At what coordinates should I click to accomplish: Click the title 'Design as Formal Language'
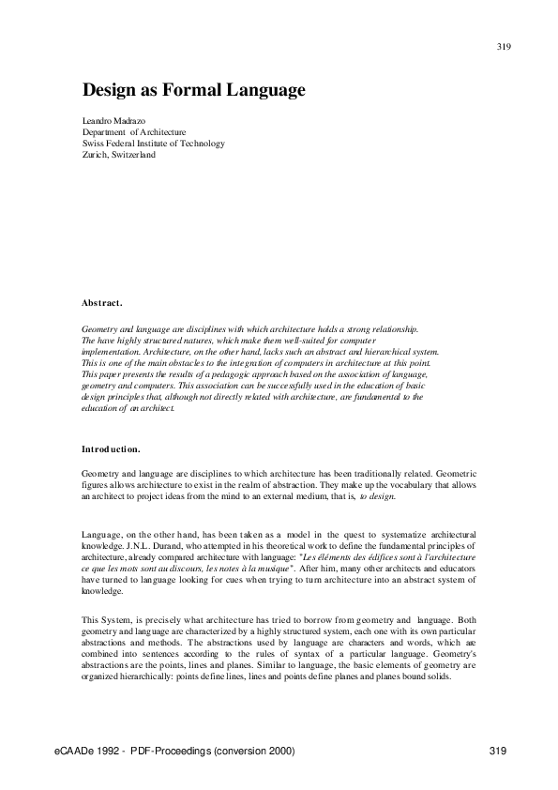tap(195, 91)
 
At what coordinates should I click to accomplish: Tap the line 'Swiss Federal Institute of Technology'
tap(154, 144)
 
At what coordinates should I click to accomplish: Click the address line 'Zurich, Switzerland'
tap(119, 155)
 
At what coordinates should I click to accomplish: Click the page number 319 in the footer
tap(498, 752)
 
